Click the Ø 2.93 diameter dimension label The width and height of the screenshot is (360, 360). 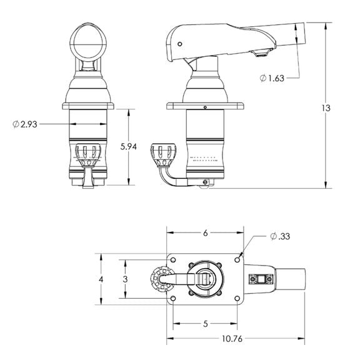(x=25, y=124)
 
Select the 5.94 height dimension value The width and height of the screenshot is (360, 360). (x=129, y=147)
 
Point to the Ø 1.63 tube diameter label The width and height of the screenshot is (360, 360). (x=273, y=77)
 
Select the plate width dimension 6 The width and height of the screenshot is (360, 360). (x=206, y=232)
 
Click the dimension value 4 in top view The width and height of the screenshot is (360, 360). (x=101, y=279)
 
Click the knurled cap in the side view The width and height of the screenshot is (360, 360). (x=162, y=152)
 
